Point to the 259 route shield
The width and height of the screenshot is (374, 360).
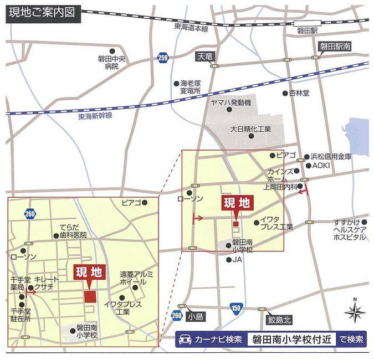click(162, 57)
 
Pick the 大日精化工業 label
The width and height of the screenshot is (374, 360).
click(250, 129)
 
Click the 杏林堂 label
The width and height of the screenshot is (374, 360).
click(300, 93)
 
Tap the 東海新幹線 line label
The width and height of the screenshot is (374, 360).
click(95, 115)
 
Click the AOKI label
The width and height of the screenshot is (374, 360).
click(321, 165)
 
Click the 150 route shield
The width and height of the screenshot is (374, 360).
click(237, 308)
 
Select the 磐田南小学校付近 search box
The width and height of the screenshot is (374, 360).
click(291, 340)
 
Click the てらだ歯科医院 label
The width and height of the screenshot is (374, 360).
click(74, 232)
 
